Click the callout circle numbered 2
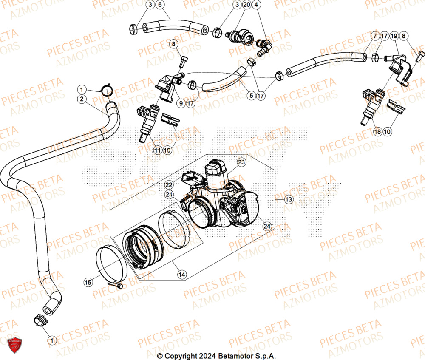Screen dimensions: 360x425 click(81, 99)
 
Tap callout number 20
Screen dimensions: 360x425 click(247, 5)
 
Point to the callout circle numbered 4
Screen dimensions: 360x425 click(257, 5)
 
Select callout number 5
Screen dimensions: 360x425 click(251, 96)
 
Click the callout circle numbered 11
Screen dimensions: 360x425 click(158, 150)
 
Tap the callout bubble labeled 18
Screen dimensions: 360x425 click(377, 132)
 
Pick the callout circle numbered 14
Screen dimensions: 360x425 click(182, 275)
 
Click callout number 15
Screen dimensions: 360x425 click(88, 281)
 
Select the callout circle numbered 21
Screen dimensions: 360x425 click(170, 194)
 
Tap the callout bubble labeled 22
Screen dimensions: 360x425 click(169, 184)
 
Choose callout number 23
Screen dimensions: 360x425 click(241, 162)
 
